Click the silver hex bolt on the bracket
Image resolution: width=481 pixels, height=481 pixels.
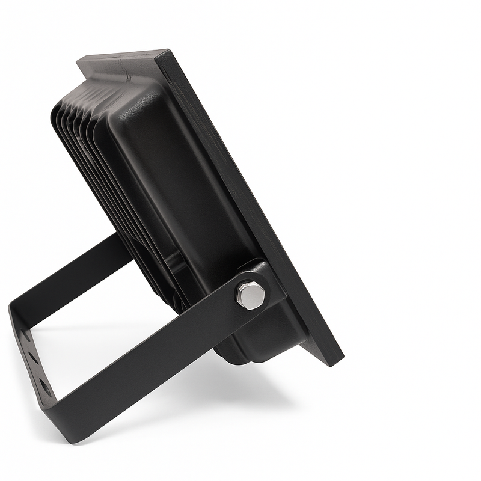click(x=251, y=295)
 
